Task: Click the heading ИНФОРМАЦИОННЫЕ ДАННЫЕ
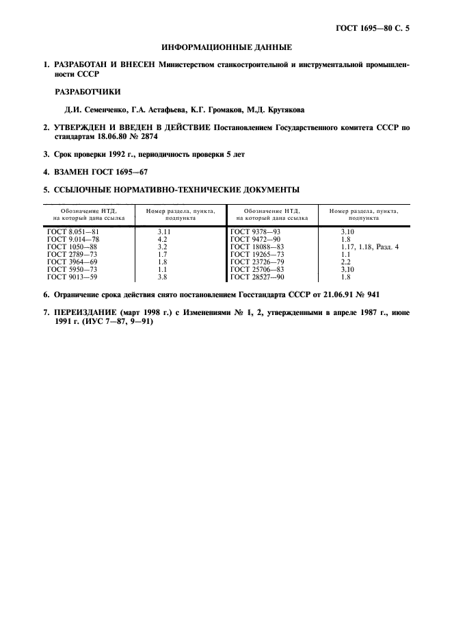click(226, 48)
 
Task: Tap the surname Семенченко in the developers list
click(105, 110)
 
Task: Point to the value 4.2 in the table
click(163, 240)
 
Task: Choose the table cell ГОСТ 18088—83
click(256, 247)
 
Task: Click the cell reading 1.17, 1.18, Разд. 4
click(369, 247)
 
